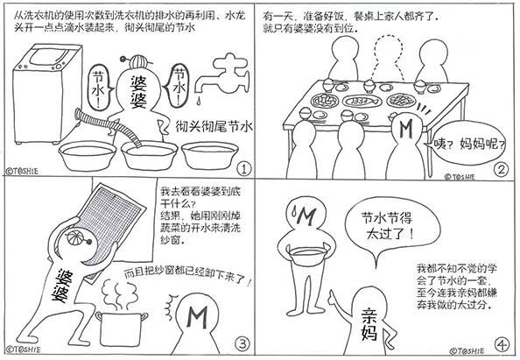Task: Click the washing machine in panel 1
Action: click(46, 95)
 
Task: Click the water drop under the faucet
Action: click(199, 101)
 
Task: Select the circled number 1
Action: click(244, 169)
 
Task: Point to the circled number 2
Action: click(501, 170)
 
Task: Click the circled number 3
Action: click(242, 343)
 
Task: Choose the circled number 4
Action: click(502, 345)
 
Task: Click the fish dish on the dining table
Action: click(361, 101)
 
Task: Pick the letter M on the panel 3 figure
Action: click(197, 317)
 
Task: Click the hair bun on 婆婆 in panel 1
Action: click(137, 61)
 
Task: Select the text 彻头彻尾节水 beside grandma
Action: click(214, 126)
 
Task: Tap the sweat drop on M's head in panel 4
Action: click(294, 210)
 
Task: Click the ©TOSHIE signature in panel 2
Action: click(460, 177)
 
